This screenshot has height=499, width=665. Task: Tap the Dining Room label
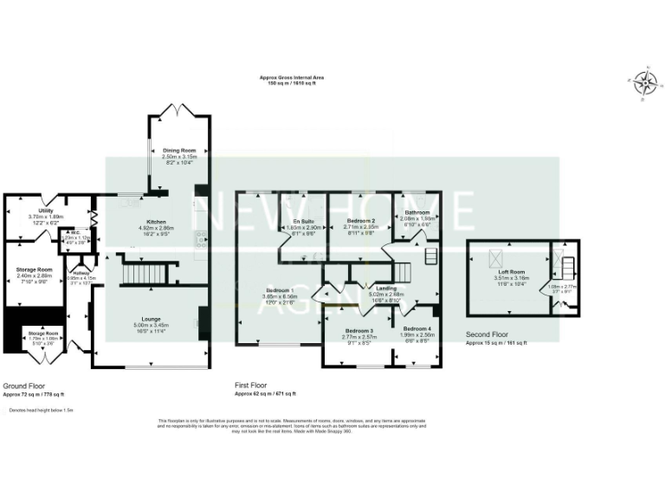click(x=181, y=151)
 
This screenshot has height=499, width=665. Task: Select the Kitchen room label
click(x=157, y=222)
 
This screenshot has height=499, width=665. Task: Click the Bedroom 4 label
click(x=416, y=329)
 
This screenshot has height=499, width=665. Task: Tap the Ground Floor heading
click(x=24, y=386)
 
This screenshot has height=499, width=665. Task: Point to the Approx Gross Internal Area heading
click(x=294, y=77)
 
